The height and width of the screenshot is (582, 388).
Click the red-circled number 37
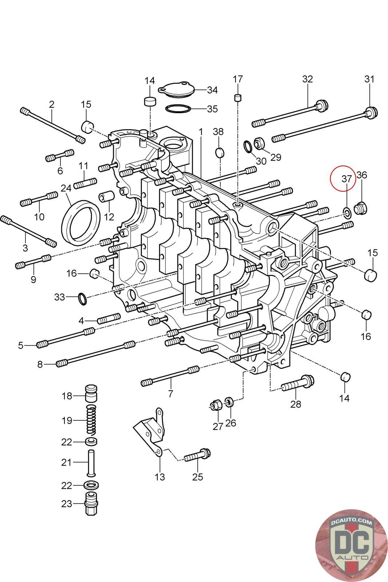tap(347, 179)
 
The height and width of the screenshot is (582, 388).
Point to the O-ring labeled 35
tap(178, 109)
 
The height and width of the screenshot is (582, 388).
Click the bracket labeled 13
tap(150, 431)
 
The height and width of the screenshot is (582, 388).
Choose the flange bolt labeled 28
tap(298, 383)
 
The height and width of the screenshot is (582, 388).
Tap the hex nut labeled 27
tap(215, 405)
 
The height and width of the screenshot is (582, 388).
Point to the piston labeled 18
tap(91, 393)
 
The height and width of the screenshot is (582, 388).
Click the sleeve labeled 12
tap(106, 196)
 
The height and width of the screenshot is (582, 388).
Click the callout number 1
tap(201, 132)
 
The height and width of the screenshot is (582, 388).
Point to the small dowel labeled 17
tap(237, 98)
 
